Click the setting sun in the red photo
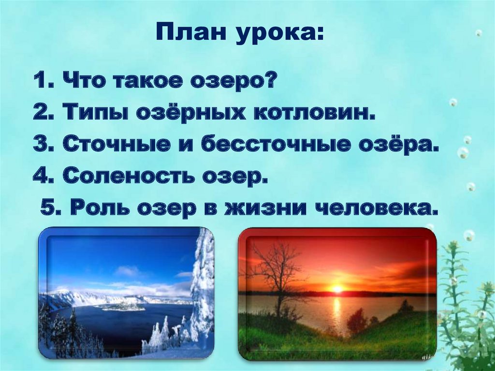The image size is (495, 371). point(337,289)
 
